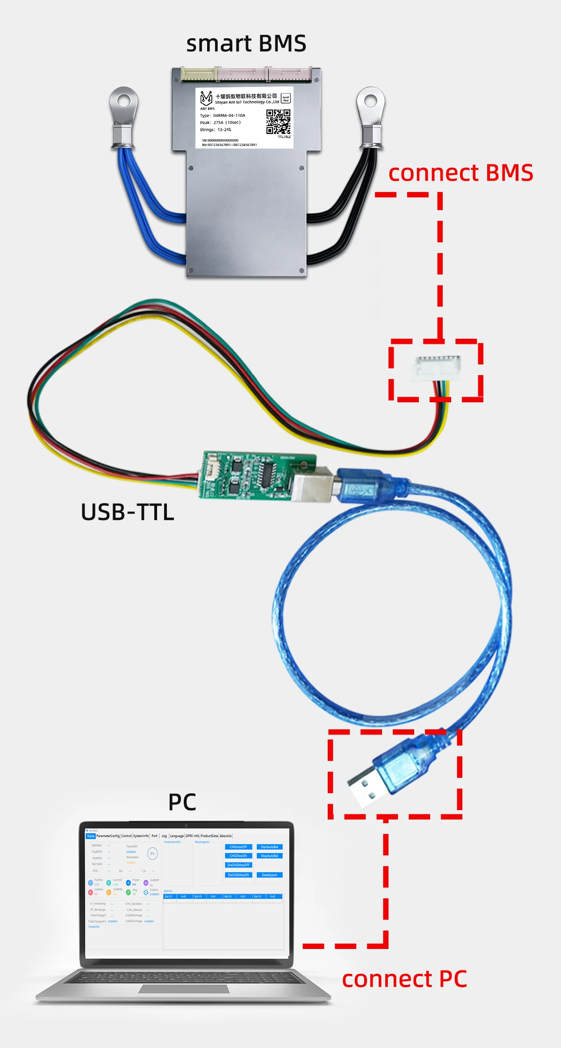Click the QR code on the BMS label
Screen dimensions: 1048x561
[278, 121]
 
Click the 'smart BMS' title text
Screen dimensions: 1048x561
[246, 43]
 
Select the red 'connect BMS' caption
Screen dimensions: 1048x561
[460, 172]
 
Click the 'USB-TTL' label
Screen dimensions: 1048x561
[127, 512]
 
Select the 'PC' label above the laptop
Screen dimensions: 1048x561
[182, 802]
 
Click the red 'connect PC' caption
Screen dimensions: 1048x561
[404, 979]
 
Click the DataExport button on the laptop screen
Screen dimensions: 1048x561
[269, 875]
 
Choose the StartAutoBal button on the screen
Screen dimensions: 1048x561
[269, 847]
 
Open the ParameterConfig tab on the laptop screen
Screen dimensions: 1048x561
[108, 836]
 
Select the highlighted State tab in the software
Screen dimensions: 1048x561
[91, 836]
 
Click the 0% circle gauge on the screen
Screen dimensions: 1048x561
[152, 854]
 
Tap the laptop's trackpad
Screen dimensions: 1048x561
[184, 989]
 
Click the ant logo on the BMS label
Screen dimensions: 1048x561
[206, 98]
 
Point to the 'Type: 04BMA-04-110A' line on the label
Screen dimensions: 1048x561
[223, 115]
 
